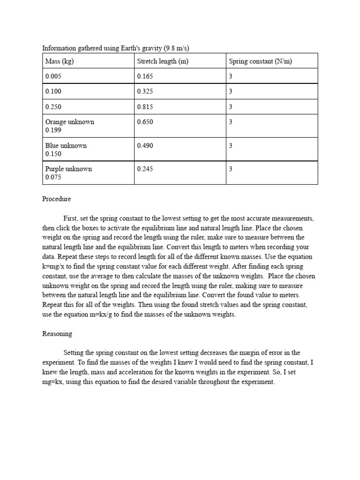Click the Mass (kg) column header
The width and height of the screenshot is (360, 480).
(60, 61)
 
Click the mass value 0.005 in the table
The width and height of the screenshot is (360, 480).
(53, 76)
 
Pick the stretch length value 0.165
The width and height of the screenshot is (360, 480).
(145, 76)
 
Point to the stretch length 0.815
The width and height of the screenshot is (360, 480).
(145, 106)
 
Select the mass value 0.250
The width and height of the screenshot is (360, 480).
(53, 106)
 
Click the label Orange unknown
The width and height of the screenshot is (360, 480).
(69, 122)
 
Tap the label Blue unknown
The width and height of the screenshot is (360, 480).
(66, 145)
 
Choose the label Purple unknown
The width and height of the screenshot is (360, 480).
(68, 169)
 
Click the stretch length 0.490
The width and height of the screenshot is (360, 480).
(145, 145)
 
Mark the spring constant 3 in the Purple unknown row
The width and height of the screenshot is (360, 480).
(231, 169)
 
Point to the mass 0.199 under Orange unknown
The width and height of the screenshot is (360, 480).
(53, 130)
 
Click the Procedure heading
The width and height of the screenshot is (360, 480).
(56, 199)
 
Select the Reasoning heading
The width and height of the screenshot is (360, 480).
(57, 334)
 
